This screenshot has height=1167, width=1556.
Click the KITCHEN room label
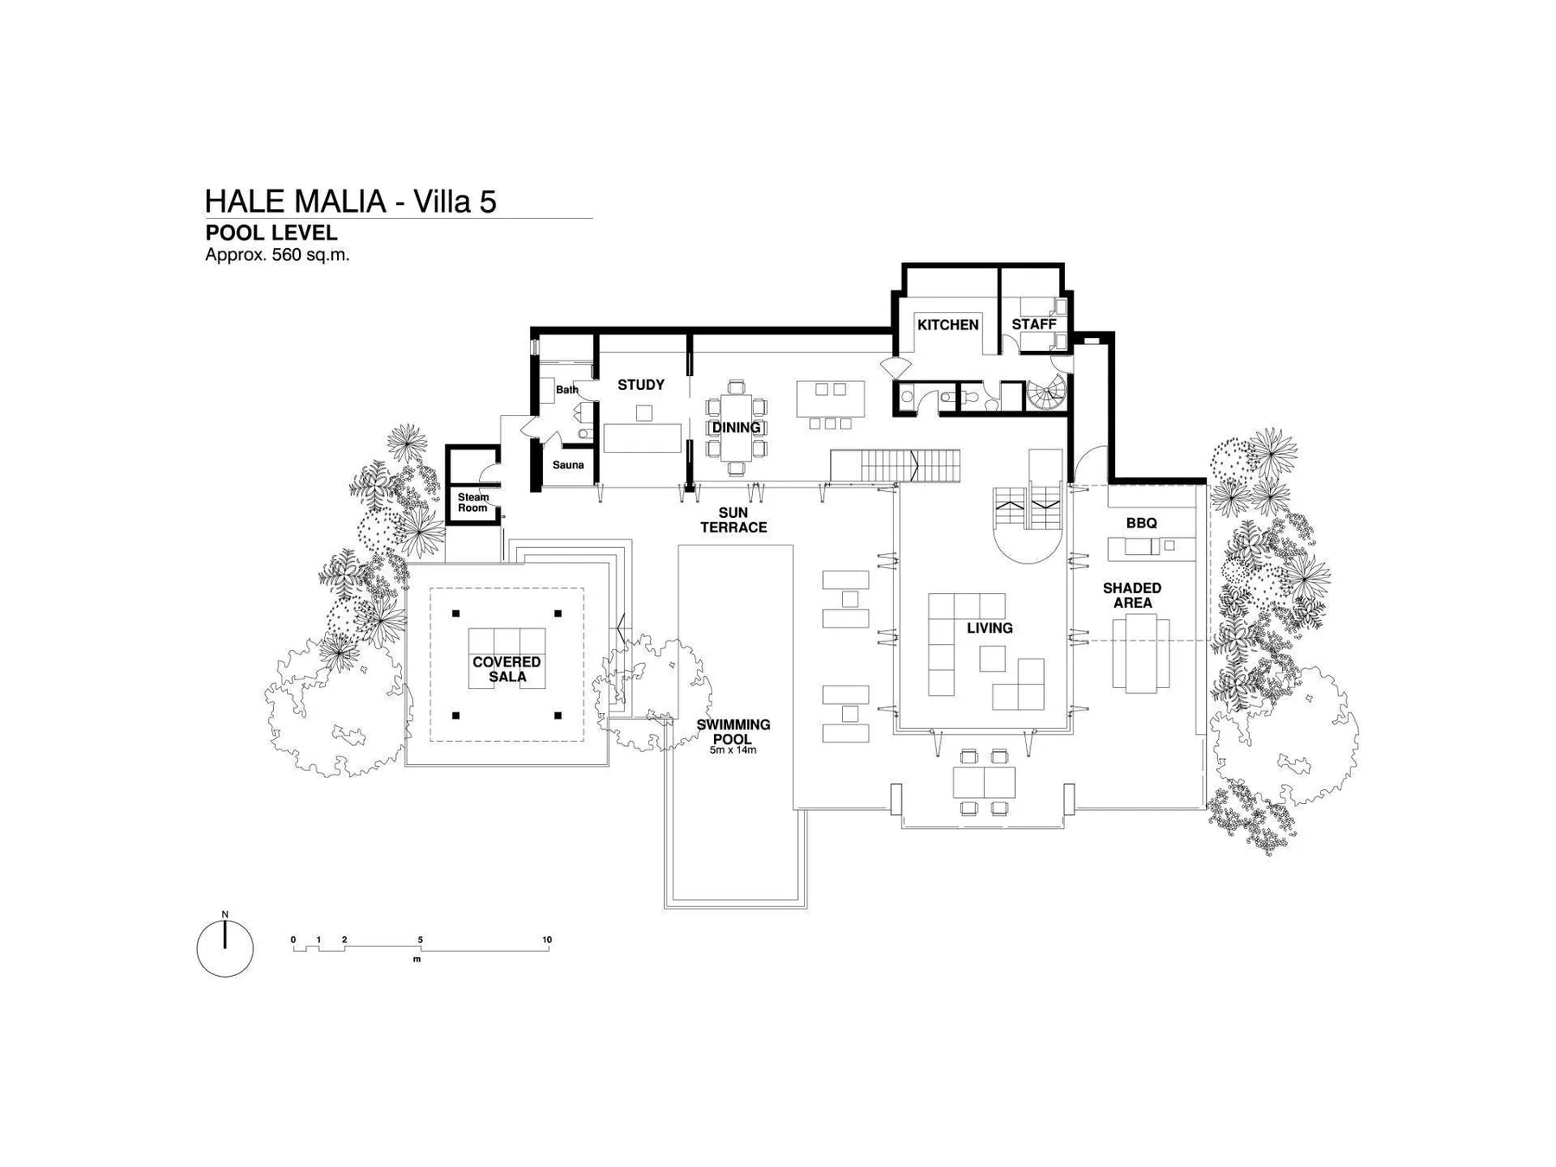coord(947,325)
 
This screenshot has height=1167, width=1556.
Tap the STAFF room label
coord(1034,325)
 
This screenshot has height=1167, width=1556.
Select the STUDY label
coord(641,385)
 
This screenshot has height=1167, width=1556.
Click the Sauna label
coord(568,465)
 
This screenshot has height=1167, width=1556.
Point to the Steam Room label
coord(473,502)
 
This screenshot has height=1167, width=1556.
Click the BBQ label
coord(1141,523)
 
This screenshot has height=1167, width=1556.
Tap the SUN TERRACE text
coord(733,520)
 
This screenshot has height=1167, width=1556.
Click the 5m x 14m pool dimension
coord(733,750)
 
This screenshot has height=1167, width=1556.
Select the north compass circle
coord(225,948)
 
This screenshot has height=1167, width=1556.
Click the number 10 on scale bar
coord(546,940)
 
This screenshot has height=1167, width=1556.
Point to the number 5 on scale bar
coord(420,940)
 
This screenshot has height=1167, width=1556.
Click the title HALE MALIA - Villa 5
coord(350,201)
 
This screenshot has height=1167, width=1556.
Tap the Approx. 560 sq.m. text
coord(277,255)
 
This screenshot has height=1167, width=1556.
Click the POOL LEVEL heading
coord(271,233)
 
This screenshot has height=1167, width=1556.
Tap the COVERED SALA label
coord(507,669)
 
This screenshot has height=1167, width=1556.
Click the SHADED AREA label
coord(1132,595)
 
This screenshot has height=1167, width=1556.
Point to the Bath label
coord(567,390)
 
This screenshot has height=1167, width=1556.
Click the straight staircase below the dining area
coord(896,466)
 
